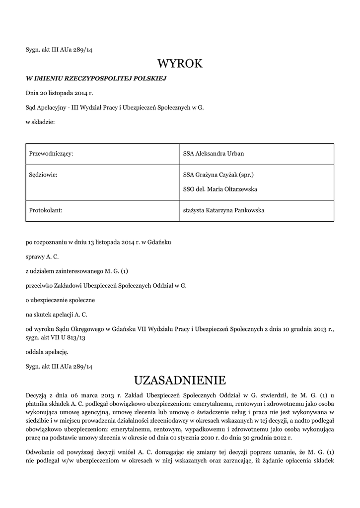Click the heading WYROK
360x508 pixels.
coord(180,63)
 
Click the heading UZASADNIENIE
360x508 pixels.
coord(180,381)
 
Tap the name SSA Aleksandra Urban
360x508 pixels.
coord(214,154)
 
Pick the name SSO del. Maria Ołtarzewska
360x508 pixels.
coord(220,190)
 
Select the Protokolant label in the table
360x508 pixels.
coord(46,211)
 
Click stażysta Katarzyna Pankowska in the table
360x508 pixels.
coord(223,211)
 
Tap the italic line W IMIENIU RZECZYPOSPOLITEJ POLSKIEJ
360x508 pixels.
coord(96,78)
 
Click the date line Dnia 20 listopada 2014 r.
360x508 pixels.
coord(60,93)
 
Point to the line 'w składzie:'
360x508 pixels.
coord(40,122)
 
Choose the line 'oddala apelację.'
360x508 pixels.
coord(47,352)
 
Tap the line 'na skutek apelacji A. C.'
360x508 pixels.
coord(57,315)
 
